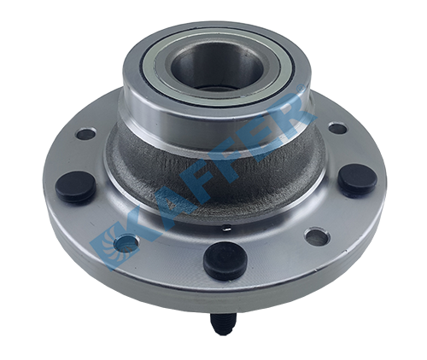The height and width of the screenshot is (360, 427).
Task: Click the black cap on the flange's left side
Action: click(75, 187)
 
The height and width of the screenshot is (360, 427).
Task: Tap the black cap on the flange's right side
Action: click(358, 180)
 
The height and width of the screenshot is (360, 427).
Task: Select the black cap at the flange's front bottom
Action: click(225, 261)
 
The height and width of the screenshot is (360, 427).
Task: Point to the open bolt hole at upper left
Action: click(86, 134)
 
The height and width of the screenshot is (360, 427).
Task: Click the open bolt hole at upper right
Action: click(338, 128)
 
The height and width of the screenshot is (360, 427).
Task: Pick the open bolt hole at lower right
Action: click(318, 236)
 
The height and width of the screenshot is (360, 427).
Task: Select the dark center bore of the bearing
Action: click(215, 67)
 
